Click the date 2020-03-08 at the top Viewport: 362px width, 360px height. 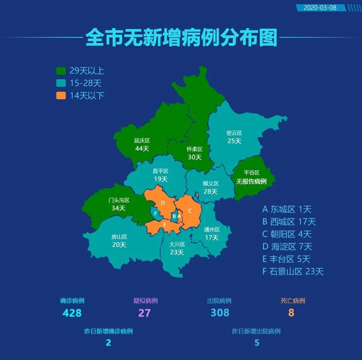tap(320, 8)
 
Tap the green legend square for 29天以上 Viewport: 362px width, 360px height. tap(61, 71)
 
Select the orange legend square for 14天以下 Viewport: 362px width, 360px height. tap(61, 95)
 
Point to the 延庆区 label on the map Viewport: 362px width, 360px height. tap(142, 140)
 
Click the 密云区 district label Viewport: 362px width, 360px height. tap(234, 133)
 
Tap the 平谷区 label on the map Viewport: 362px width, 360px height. tap(251, 173)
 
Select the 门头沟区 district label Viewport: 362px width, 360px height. tap(119, 200)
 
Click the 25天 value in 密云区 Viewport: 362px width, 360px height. tap(234, 141)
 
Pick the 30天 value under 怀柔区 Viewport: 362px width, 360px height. tap(195, 157)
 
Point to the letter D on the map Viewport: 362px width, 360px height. tap(163, 203)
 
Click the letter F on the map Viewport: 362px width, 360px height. tap(155, 214)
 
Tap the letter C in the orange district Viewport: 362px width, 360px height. tap(190, 211)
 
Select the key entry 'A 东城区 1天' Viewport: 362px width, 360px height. tap(287, 209)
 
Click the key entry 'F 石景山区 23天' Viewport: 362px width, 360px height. tap(293, 271)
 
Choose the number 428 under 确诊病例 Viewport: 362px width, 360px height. tap(72, 313)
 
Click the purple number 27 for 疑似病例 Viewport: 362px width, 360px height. tap(145, 313)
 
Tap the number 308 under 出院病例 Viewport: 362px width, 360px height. tap(220, 313)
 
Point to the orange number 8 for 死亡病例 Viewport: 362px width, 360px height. tap(291, 313)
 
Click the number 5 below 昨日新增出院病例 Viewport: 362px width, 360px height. tap(257, 343)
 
